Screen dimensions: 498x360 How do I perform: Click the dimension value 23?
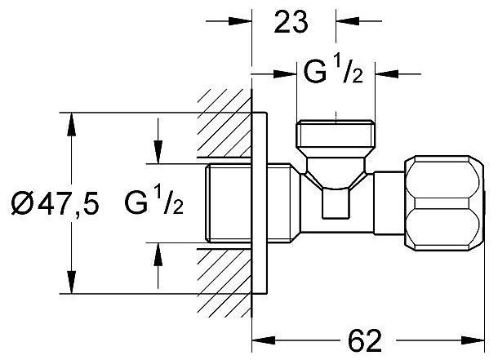(291, 21)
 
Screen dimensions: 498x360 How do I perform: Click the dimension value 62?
(365, 341)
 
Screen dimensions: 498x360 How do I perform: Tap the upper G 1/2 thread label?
(333, 72)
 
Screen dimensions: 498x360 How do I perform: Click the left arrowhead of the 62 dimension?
(264, 340)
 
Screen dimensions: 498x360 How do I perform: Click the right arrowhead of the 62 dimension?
(474, 340)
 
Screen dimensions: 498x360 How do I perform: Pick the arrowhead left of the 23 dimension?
(240, 21)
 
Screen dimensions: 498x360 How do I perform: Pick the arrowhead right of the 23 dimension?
(348, 21)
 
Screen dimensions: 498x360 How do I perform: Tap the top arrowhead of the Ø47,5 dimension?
(72, 124)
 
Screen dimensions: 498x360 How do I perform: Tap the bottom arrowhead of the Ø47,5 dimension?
(72, 282)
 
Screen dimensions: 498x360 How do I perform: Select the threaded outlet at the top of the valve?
(336, 134)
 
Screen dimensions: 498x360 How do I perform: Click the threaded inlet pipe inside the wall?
(229, 203)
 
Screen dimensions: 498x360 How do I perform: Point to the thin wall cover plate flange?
(260, 203)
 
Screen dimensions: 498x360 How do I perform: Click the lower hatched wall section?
(225, 282)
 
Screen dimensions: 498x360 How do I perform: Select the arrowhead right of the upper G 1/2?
(387, 74)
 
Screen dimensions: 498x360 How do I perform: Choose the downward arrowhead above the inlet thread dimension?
(158, 152)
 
